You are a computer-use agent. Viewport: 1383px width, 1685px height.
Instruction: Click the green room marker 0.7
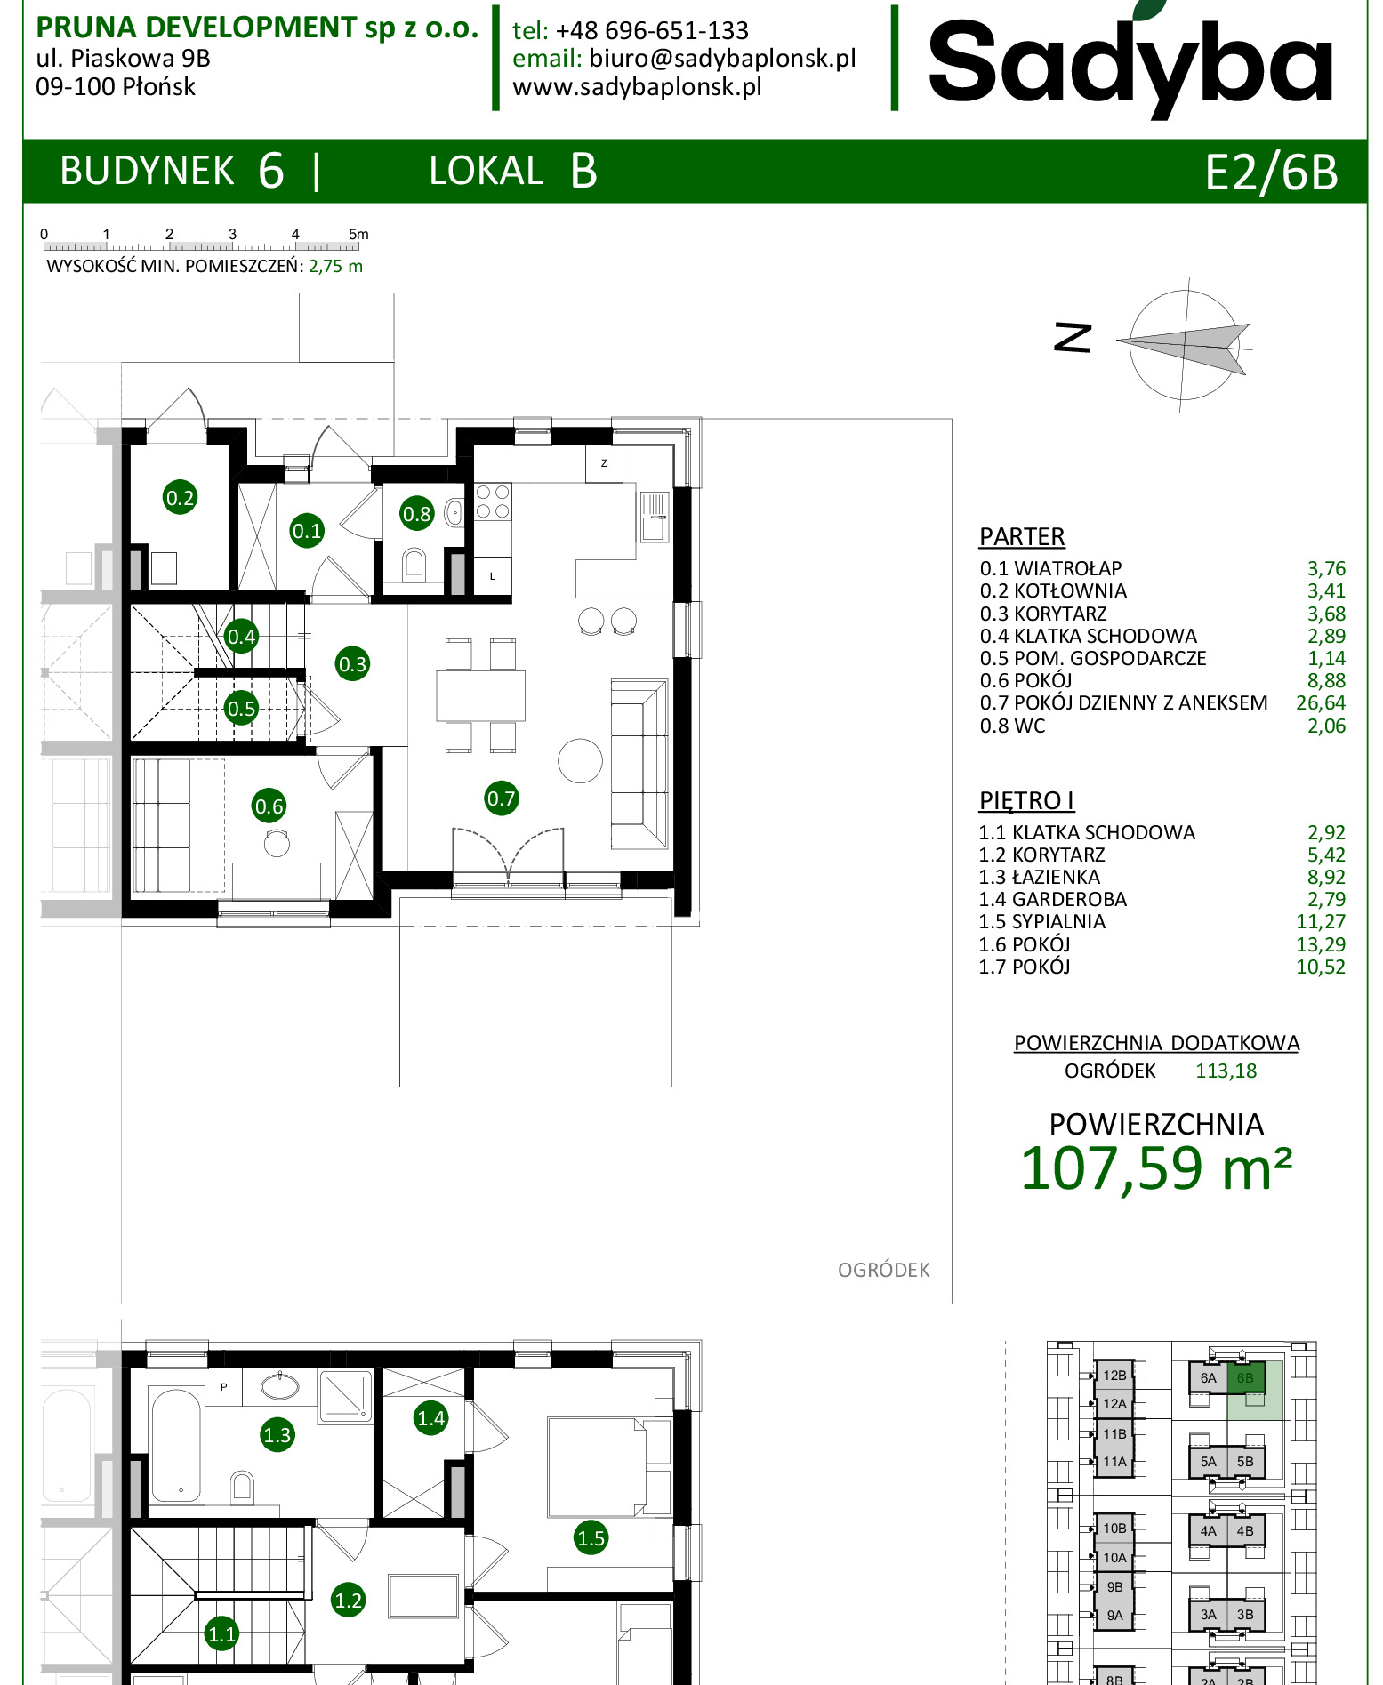tap(502, 798)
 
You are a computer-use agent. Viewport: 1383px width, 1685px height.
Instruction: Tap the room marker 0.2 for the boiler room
tap(180, 497)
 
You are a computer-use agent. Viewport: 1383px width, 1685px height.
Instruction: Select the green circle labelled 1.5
tap(591, 1537)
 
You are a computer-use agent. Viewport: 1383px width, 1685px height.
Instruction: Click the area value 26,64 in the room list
tap(1321, 702)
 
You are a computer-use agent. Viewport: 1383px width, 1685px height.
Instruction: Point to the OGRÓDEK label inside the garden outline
tap(883, 1270)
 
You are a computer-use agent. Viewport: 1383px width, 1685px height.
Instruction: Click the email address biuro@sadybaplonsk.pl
tap(722, 59)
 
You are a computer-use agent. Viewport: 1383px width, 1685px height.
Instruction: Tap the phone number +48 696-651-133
tap(652, 30)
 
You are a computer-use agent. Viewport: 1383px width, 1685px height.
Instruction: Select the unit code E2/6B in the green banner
tap(1271, 172)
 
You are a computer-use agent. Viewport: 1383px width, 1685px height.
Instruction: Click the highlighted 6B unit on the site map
tap(1245, 1378)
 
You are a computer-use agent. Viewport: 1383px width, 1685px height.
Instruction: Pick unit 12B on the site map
tap(1114, 1375)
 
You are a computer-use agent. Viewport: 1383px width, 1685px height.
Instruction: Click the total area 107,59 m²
tap(1156, 1167)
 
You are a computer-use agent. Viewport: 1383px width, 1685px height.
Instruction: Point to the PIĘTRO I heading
tap(1026, 800)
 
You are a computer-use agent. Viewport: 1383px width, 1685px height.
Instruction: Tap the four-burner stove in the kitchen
tap(493, 501)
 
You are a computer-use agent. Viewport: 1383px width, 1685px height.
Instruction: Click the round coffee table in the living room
tap(580, 761)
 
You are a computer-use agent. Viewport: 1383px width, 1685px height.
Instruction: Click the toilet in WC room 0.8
tap(414, 563)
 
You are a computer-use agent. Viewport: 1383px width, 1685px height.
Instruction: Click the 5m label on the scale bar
tap(358, 234)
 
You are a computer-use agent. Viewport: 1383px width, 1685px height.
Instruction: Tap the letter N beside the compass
tap(1073, 338)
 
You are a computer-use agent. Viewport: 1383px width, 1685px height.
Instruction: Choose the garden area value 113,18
tap(1226, 1071)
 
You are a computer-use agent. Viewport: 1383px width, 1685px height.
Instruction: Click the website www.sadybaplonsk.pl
tap(637, 87)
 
